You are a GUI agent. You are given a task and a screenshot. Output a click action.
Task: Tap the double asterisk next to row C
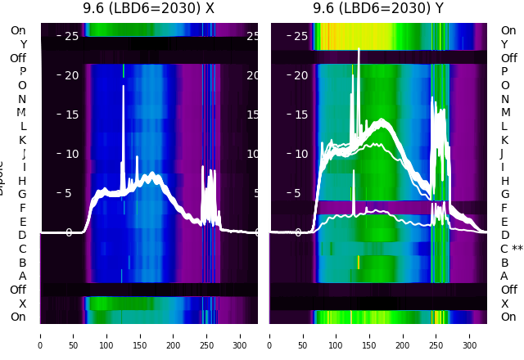[517, 249]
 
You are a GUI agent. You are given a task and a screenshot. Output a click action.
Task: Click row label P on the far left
[23, 71]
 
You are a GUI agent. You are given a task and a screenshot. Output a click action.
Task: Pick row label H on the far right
[504, 181]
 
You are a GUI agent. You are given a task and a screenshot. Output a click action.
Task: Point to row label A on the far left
[23, 276]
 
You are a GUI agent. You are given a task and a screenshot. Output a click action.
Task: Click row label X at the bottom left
[23, 304]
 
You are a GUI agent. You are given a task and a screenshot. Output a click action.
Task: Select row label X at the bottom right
[504, 304]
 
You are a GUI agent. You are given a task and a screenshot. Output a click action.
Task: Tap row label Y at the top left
[23, 44]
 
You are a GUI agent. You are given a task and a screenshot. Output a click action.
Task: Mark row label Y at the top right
[504, 44]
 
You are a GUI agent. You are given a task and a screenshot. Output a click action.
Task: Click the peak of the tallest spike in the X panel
[124, 86]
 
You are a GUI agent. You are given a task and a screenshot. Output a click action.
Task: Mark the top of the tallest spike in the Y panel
[359, 50]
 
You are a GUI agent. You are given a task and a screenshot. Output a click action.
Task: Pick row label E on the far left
[23, 222]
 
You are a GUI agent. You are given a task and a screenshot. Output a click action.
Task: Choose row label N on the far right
[504, 99]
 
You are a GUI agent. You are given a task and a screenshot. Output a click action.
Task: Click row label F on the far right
[504, 208]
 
